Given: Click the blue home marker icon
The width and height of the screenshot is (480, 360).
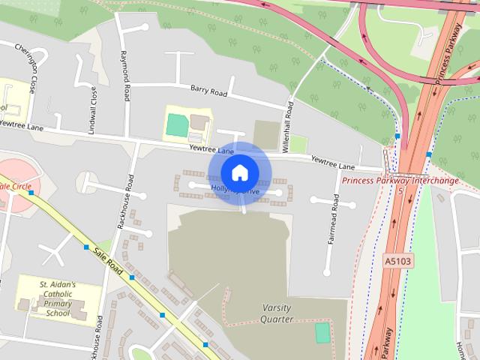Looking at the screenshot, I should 239,172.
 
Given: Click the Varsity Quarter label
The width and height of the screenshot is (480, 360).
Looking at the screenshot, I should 277,313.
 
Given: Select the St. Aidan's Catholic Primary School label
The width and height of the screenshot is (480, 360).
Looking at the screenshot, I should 58,298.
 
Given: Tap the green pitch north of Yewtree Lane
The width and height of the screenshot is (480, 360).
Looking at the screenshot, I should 178,124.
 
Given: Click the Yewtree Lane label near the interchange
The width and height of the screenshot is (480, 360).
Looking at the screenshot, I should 332,161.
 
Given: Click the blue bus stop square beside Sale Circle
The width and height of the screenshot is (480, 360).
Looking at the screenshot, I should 31,193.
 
